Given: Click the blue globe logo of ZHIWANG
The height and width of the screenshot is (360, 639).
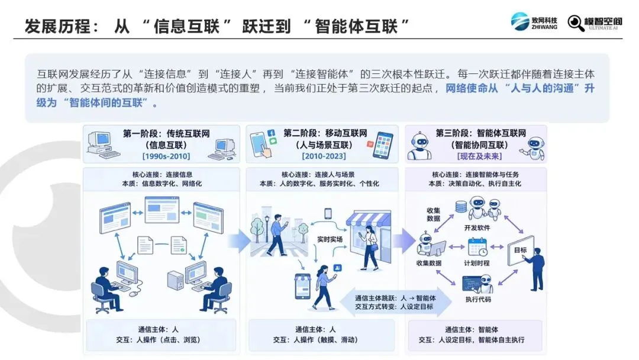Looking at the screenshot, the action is click(x=520, y=21).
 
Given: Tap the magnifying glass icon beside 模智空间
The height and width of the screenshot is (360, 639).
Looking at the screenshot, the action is click(x=576, y=23).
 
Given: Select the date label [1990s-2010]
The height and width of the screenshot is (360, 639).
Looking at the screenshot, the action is click(x=166, y=156).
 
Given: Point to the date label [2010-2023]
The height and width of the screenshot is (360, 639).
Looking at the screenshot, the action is click(x=324, y=156).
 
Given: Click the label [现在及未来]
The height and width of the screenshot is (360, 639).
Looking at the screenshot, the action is click(x=480, y=156).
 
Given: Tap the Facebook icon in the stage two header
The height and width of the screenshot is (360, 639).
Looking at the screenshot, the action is click(x=272, y=133).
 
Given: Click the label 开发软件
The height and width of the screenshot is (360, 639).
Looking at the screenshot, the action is click(x=477, y=228).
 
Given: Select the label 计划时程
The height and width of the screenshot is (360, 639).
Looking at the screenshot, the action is click(x=477, y=263).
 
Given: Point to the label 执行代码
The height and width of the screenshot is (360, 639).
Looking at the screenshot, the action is click(x=478, y=299).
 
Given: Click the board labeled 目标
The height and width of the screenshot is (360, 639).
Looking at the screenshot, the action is click(x=521, y=250).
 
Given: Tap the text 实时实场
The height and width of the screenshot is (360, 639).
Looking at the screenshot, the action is click(x=330, y=239).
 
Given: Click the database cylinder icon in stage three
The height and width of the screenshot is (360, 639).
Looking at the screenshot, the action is click(x=461, y=207).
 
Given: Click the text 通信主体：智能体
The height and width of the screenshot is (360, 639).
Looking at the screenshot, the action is click(x=472, y=329).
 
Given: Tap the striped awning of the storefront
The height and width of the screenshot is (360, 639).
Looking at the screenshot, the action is click(x=369, y=218).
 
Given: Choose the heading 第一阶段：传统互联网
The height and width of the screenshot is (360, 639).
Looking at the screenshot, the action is click(x=166, y=133).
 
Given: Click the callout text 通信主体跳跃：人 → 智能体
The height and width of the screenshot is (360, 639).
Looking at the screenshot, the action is click(x=395, y=298).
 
